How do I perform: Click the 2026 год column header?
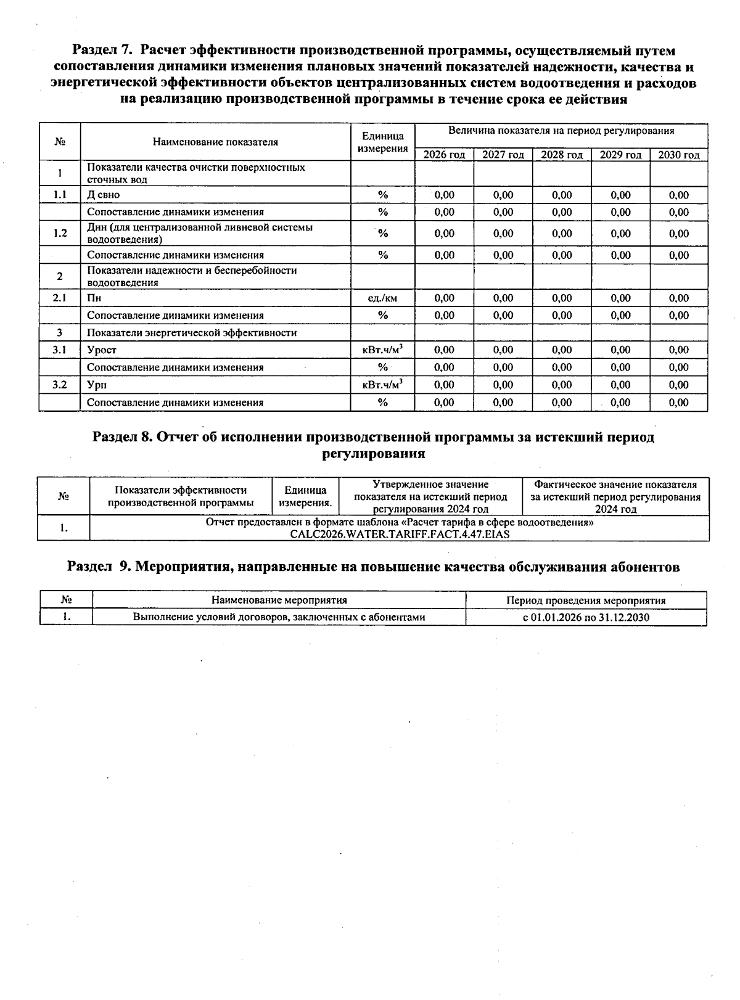point(444,155)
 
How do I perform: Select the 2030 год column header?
point(678,155)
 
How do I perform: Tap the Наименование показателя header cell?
point(215,142)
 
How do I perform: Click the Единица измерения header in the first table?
point(382,142)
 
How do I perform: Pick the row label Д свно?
point(104,195)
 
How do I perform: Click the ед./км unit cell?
point(382,298)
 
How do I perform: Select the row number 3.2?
point(59,385)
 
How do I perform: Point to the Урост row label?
point(102,350)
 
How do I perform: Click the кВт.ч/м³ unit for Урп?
point(382,385)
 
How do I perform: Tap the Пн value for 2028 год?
point(562,298)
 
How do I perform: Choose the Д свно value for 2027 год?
point(503,195)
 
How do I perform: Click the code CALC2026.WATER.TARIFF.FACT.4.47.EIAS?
point(400,534)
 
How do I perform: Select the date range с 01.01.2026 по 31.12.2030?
point(586,617)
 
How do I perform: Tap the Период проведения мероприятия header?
point(586,600)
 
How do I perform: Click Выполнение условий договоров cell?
point(279,617)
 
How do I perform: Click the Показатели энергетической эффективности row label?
point(192,333)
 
